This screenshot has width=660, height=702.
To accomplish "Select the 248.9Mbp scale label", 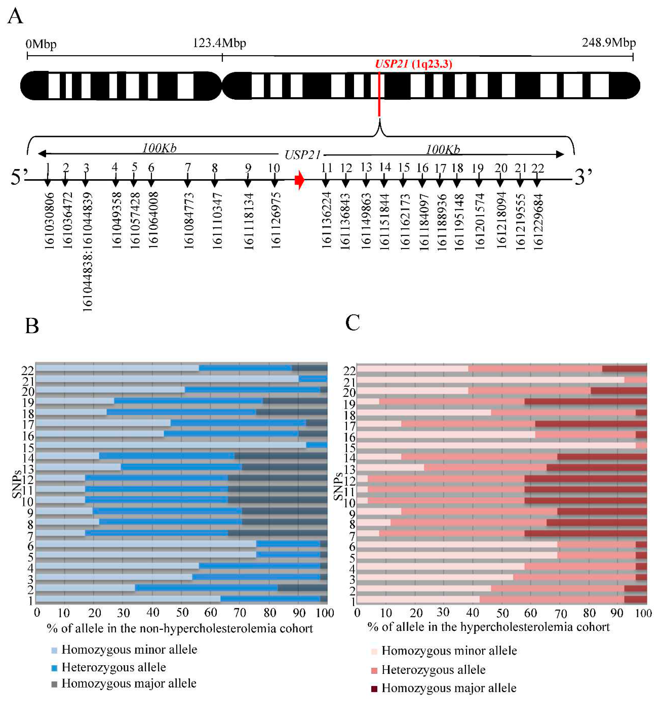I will pos(608,43).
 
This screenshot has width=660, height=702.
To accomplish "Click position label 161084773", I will pos(189,221).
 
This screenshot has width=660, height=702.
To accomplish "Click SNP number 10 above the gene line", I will pos(274,168).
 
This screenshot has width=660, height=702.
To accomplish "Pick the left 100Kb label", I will pos(159,148).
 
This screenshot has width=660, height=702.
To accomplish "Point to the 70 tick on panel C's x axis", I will pos(560,613).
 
